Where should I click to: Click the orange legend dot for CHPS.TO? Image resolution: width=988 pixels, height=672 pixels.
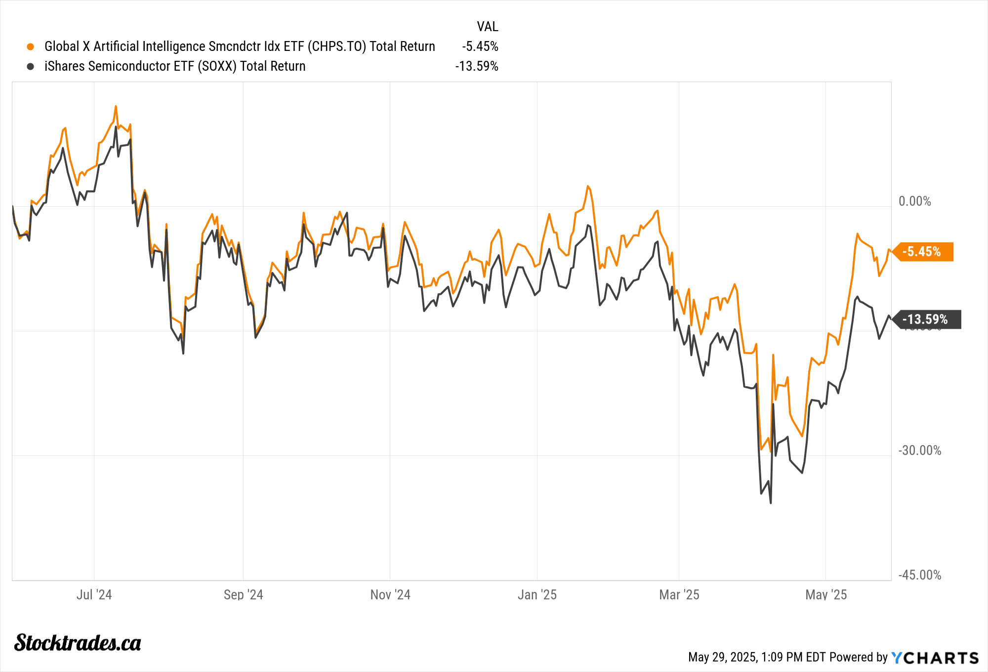tap(31, 46)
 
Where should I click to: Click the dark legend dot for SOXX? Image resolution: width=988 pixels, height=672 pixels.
tap(31, 66)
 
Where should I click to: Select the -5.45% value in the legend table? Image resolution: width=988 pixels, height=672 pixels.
tap(480, 46)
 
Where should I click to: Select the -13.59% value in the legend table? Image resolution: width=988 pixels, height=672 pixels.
tap(476, 66)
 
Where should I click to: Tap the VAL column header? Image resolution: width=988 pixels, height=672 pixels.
tap(487, 26)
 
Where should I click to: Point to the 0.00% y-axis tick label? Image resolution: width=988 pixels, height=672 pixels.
tap(914, 201)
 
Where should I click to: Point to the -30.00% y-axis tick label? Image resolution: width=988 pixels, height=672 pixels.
tap(919, 450)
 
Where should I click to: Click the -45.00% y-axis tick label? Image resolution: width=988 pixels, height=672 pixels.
tap(919, 575)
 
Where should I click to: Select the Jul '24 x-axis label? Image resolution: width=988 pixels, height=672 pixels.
tap(94, 594)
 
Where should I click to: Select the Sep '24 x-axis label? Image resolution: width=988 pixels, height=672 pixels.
tap(243, 594)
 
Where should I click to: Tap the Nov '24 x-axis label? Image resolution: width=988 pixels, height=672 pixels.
tap(390, 594)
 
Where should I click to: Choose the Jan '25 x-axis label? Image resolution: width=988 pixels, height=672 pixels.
tap(537, 594)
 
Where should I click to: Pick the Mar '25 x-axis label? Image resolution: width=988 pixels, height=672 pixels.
tap(679, 594)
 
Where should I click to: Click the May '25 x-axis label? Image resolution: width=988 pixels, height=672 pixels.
tap(826, 594)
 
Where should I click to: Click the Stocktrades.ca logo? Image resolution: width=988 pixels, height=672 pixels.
tap(78, 642)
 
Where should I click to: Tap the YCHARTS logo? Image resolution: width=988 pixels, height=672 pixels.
tap(935, 658)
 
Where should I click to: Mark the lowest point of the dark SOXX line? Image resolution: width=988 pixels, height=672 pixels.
tap(771, 503)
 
